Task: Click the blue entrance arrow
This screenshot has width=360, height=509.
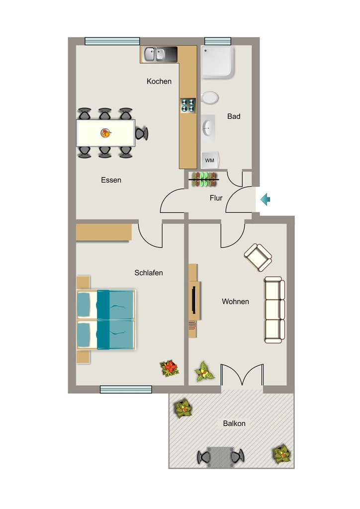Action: point(266,199)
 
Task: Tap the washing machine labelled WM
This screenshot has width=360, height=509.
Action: point(210,161)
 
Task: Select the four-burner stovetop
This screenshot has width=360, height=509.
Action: point(188,105)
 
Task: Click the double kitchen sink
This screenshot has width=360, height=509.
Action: point(155,54)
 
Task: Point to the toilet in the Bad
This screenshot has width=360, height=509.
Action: point(209,98)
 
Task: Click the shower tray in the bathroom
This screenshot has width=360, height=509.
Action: point(217,62)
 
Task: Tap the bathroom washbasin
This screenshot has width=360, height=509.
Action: point(208,128)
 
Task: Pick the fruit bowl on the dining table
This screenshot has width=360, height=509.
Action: point(106,133)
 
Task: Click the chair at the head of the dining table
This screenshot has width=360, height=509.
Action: point(142,133)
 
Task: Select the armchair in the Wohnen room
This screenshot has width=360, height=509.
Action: point(258,257)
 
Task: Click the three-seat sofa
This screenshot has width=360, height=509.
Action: point(274,310)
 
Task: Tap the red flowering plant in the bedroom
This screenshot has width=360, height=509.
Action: point(170,368)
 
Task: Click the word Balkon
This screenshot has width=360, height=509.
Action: point(234,424)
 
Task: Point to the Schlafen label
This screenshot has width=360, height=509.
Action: point(149,273)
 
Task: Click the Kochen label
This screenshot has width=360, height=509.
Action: point(159,81)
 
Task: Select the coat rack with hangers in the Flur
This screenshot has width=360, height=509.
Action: point(204,179)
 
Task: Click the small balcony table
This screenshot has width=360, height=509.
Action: point(220,457)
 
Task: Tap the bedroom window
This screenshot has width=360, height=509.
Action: point(126,390)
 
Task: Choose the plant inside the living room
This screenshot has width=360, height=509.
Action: point(204,372)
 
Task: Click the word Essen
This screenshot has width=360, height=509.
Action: point(111,180)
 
